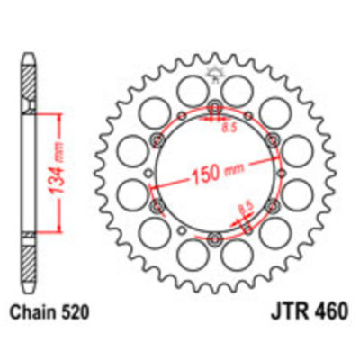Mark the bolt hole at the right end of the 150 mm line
270,138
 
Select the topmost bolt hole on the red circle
215,111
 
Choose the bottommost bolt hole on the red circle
215,238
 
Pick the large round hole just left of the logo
191,89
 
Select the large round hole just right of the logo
238,89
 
